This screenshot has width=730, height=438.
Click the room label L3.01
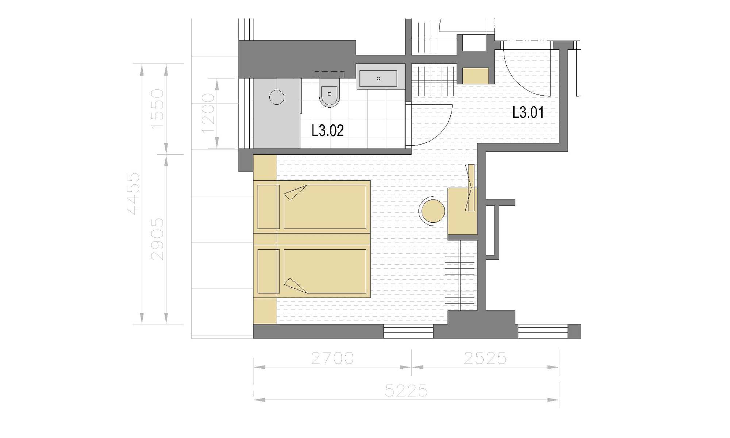pyautogui.click(x=528, y=112)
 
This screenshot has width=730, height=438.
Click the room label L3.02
pyautogui.click(x=327, y=130)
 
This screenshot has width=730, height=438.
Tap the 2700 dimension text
pyautogui.click(x=333, y=358)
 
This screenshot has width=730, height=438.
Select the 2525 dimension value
pyautogui.click(x=485, y=358)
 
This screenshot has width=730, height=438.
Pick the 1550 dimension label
pyautogui.click(x=157, y=109)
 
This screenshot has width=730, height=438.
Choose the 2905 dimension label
pyautogui.click(x=157, y=239)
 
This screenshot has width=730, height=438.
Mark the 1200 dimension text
pyautogui.click(x=208, y=114)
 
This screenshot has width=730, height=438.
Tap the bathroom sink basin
pyautogui.click(x=378, y=78)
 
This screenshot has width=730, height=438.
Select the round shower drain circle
pyautogui.click(x=277, y=97)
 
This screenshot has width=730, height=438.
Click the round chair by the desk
pyautogui.click(x=433, y=211)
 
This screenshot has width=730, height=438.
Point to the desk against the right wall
pyautogui.click(x=462, y=211)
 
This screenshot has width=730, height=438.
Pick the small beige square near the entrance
pyautogui.click(x=476, y=76)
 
